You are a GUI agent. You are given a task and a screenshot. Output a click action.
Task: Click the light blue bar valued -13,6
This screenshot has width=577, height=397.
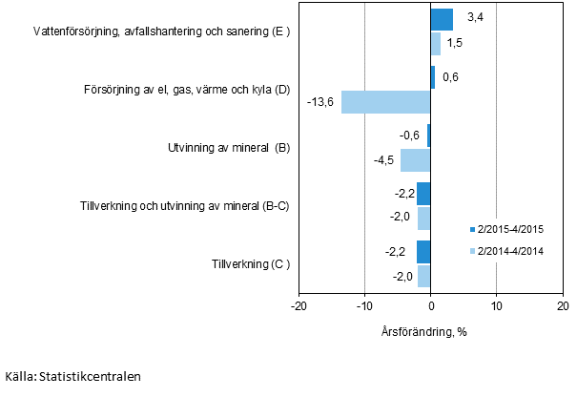(x=386, y=102)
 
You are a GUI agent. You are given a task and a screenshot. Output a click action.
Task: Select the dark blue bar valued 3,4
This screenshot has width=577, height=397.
(x=442, y=20)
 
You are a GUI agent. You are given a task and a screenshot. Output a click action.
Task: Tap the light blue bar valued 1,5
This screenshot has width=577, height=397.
(x=436, y=44)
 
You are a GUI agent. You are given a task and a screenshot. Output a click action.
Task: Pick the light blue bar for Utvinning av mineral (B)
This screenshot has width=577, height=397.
(x=416, y=160)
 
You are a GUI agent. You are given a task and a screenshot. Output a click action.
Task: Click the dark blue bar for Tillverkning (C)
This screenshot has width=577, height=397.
(x=423, y=252)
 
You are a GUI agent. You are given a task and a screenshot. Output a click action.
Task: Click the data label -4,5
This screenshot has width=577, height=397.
(x=384, y=160)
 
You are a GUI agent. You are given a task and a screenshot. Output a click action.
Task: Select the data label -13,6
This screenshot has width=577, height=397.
(x=320, y=102)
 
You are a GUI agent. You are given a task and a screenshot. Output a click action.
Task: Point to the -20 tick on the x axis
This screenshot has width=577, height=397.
(x=299, y=305)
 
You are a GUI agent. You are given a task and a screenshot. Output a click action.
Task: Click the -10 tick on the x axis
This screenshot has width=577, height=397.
(x=364, y=305)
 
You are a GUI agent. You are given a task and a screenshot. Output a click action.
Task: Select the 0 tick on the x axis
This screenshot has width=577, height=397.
(x=431, y=305)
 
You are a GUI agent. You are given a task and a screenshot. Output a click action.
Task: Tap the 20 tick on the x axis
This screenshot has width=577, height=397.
(x=562, y=305)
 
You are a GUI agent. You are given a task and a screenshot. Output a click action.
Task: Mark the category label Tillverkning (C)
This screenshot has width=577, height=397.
(x=251, y=263)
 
